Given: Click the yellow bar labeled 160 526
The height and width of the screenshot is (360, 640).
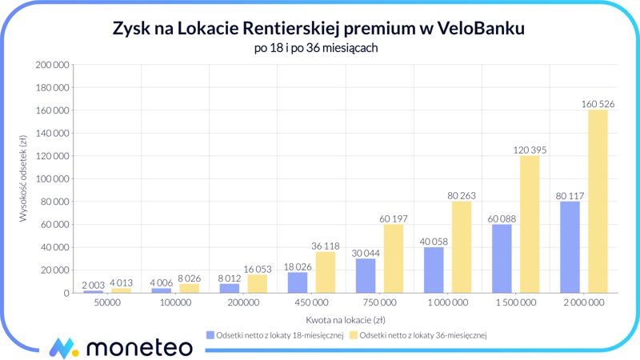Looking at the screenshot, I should pos(598,202).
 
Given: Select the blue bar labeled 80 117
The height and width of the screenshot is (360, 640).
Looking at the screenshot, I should pos(570,247).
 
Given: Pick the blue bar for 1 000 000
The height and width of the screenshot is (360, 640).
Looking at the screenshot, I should pos(434,270).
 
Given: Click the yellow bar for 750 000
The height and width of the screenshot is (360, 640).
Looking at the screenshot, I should pos(394,258).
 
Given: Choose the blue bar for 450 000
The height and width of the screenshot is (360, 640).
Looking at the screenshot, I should pos(298,282).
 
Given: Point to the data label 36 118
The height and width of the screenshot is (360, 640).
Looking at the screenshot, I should pos(326,246).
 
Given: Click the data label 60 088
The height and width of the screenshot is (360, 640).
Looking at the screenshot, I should pos(502,218).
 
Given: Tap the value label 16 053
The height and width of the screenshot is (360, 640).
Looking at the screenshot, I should pos(257,269).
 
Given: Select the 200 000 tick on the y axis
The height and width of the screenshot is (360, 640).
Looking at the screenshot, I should pos(53,65).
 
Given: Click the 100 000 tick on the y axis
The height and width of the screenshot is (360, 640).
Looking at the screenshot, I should pos(53,179).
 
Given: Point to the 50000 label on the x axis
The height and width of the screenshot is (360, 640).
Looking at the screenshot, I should pos(107,303).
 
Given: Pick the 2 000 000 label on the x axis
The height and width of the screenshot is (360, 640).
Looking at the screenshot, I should pos(583,303).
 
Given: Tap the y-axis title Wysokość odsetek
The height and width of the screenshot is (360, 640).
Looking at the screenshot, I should pos(24,178).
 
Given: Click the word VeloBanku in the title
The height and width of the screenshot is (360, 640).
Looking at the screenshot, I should pos(482,29).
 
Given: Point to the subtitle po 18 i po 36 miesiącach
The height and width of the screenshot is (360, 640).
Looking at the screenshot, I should pos(315,48).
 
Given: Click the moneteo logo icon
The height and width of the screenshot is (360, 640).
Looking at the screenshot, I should pos(63,347).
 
